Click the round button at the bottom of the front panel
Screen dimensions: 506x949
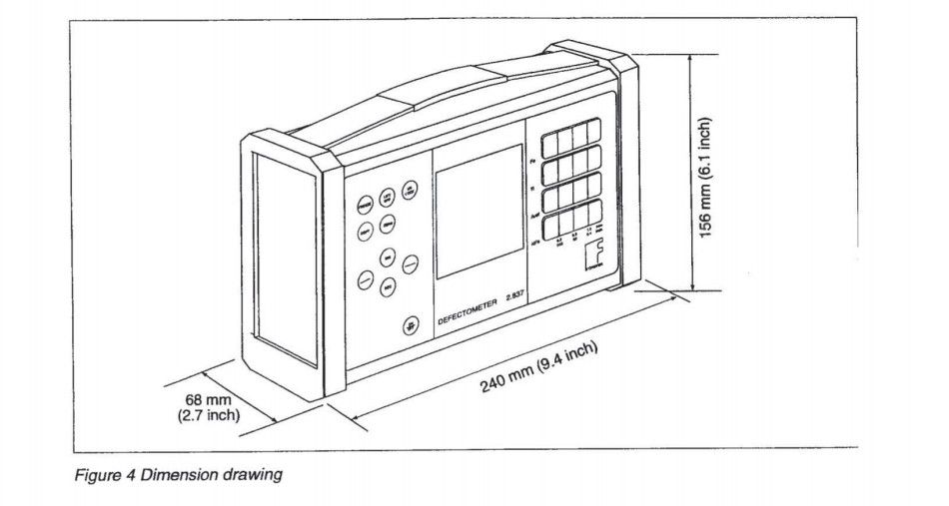[x=410, y=325]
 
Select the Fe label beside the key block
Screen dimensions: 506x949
[x=533, y=161]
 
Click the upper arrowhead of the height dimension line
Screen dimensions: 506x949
[x=691, y=59]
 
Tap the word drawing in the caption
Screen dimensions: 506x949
[x=256, y=475]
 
